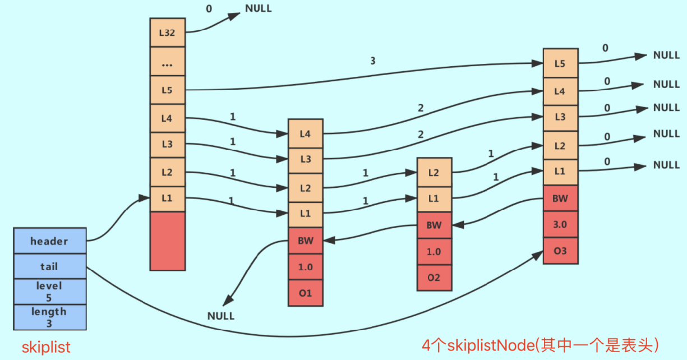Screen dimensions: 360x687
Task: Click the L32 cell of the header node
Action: pos(167,33)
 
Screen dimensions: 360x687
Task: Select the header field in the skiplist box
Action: pos(49,241)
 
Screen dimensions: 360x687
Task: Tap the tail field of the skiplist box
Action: pos(49,266)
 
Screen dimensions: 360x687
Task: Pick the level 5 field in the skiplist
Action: pos(49,292)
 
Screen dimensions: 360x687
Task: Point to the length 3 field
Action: pos(49,317)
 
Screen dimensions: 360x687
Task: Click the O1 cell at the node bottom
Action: pos(305,293)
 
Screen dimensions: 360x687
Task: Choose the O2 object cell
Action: pos(434,278)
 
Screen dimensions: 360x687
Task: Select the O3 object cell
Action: pos(560,251)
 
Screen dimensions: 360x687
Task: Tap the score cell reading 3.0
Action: pos(560,224)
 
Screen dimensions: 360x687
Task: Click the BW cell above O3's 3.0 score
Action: pos(560,199)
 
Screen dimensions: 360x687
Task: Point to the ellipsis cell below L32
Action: pos(167,63)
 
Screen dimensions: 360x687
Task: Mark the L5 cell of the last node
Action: pos(560,63)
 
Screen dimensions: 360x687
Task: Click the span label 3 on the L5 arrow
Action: pos(373,61)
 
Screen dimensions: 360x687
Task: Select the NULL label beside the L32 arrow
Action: pos(258,9)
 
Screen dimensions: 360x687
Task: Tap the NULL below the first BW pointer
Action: pos(221,316)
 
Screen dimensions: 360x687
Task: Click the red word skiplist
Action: pos(47,347)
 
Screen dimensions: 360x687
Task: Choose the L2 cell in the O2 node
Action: pos(434,172)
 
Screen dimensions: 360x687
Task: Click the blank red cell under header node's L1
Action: pos(167,240)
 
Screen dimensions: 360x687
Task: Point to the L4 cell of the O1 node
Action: pos(305,133)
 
